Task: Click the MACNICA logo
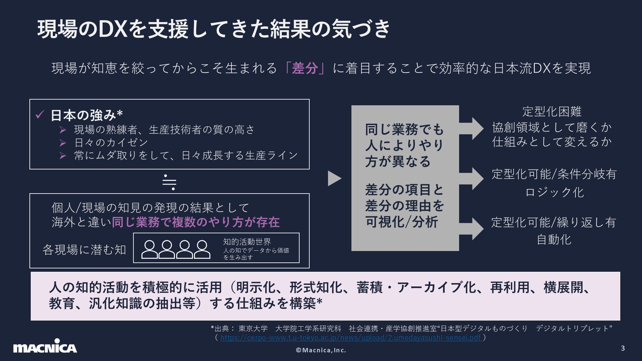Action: [x=45, y=346]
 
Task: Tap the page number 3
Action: [x=623, y=348]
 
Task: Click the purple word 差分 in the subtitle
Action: [x=305, y=68]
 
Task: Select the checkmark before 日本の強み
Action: [x=40, y=115]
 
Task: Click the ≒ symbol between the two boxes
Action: [x=169, y=182]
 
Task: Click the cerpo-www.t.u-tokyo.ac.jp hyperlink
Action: [x=351, y=338]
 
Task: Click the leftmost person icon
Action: [x=149, y=249]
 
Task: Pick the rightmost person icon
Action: [x=202, y=249]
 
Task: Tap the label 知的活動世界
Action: [x=247, y=242]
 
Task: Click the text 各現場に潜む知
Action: [x=84, y=250]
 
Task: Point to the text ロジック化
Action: [x=554, y=192]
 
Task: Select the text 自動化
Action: [x=554, y=240]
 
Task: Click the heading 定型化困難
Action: [x=552, y=112]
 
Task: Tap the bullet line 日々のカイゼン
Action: [x=111, y=143]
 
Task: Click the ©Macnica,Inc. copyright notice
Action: [x=321, y=350]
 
